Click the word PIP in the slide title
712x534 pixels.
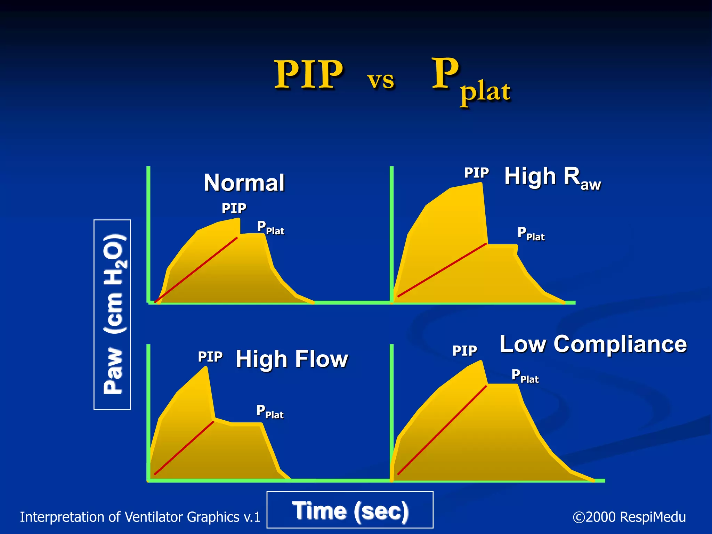[309, 74]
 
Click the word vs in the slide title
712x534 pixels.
[381, 80]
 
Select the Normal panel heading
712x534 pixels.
[244, 183]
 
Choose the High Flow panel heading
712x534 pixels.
[292, 359]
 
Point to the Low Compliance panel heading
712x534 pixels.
[593, 344]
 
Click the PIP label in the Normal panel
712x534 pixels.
[234, 209]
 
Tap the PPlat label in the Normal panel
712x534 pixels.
[270, 228]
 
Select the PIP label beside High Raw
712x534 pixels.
[476, 173]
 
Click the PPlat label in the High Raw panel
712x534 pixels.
[531, 234]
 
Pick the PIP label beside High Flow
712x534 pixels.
[210, 357]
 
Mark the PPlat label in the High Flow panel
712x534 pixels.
[270, 412]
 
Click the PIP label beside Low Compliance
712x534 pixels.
[464, 350]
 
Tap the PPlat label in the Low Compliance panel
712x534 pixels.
[525, 377]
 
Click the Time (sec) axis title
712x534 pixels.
[350, 511]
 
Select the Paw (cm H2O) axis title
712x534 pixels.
[113, 315]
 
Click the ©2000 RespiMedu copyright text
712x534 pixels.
[629, 517]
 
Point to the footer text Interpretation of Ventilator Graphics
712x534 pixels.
[140, 517]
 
